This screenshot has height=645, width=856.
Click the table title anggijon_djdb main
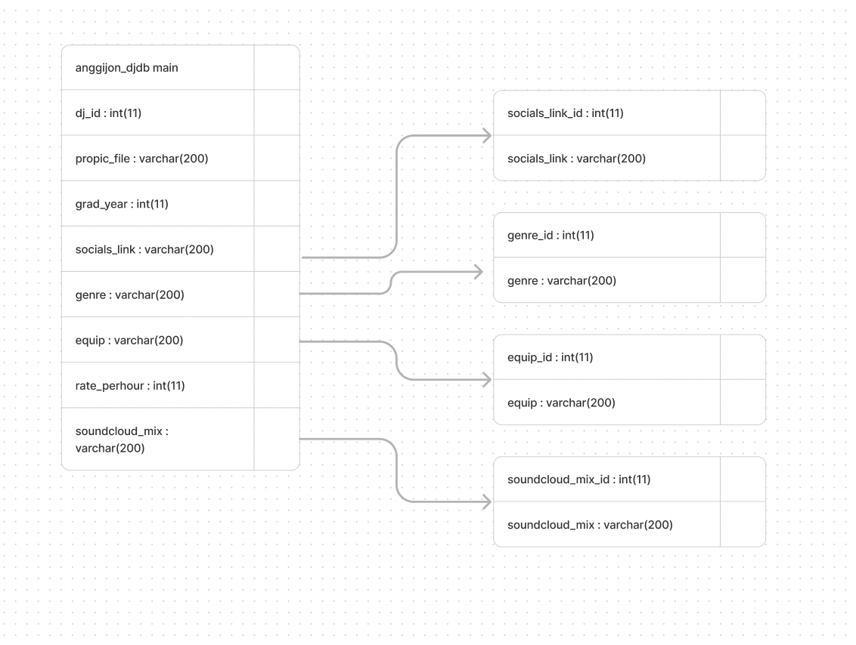pos(126,68)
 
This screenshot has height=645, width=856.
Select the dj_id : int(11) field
pos(108,113)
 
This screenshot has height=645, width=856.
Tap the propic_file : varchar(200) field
pos(142,159)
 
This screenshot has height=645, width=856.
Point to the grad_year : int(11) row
pos(122,204)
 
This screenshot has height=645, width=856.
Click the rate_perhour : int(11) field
pos(130,385)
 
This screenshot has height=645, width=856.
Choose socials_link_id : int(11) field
pos(565,113)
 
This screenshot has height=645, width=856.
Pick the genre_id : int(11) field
pos(551,235)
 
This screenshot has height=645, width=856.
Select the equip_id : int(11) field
pos(550,357)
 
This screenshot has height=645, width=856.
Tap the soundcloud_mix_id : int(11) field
pos(578,480)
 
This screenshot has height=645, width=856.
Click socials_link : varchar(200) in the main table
pos(144,249)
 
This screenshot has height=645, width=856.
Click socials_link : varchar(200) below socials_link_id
pos(576,159)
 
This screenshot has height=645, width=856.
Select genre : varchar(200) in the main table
pos(130,295)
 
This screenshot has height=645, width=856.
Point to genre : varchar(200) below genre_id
pos(562,281)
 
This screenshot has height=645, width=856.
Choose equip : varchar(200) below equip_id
pos(561,403)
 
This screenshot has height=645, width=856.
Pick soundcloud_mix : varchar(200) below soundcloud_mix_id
pos(590,525)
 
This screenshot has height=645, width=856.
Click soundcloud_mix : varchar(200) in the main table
pos(122,440)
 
